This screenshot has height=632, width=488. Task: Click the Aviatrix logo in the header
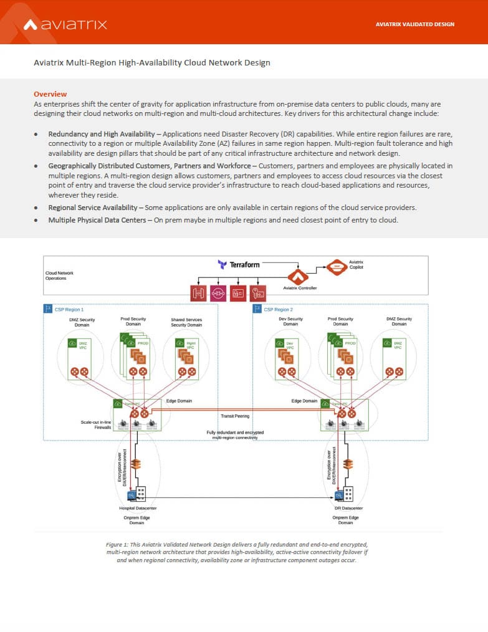(65, 24)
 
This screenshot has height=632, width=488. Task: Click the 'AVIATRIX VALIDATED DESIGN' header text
(415, 24)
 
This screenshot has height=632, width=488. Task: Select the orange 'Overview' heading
(50, 94)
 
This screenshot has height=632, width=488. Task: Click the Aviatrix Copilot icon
(337, 267)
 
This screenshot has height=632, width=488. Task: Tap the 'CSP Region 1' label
(69, 309)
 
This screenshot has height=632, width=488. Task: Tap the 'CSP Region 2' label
(278, 309)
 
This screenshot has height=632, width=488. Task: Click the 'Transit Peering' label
(235, 415)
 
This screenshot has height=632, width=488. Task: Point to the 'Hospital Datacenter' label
(138, 508)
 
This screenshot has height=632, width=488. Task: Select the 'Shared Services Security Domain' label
(186, 322)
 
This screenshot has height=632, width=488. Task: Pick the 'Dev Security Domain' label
(290, 321)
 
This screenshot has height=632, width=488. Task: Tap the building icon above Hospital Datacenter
(141, 494)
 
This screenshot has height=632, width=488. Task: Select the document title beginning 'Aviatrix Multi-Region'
(151, 62)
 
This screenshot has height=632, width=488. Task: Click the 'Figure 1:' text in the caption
(118, 544)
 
